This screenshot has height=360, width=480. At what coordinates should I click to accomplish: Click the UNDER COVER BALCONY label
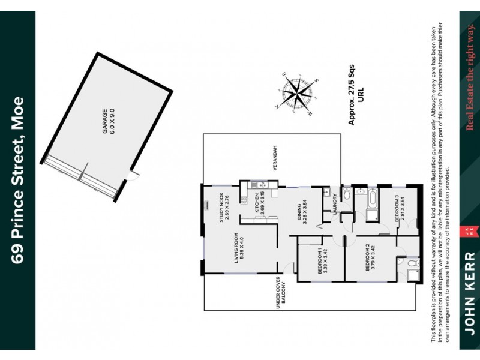(x=281, y=295)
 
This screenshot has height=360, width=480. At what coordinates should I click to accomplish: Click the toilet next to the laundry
(x=347, y=194)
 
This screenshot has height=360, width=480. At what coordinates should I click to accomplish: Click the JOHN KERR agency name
(x=470, y=294)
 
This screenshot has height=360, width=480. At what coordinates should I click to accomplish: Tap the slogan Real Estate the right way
(x=470, y=77)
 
